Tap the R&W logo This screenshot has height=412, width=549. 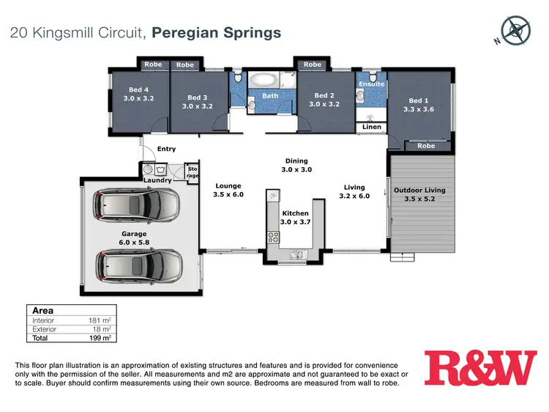(x=480, y=368)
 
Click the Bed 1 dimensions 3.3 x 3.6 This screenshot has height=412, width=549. (x=419, y=109)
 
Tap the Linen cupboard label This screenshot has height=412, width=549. (x=372, y=128)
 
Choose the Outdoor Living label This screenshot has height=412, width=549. (x=419, y=191)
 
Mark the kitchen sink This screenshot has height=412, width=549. (x=296, y=255)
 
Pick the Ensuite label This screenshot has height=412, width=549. (x=371, y=84)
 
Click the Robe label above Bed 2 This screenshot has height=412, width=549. (x=313, y=65)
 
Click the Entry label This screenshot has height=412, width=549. (x=167, y=149)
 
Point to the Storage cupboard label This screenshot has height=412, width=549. (x=193, y=172)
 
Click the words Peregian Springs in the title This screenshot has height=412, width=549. (x=219, y=32)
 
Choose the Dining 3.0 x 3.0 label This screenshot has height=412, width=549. (x=296, y=165)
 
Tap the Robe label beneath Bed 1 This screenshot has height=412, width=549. (x=426, y=146)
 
